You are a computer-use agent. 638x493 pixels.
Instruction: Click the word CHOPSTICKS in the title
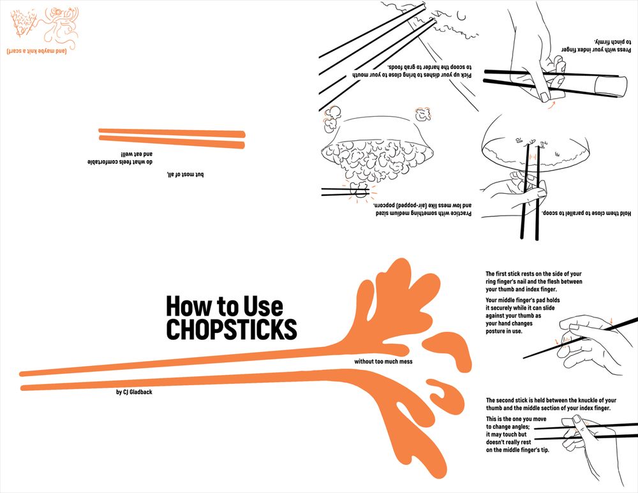(x=232, y=329)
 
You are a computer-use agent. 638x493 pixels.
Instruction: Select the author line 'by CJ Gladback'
(x=134, y=392)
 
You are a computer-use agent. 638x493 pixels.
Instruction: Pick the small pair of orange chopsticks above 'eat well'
(x=172, y=139)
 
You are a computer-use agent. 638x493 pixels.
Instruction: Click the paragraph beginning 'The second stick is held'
(x=548, y=404)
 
